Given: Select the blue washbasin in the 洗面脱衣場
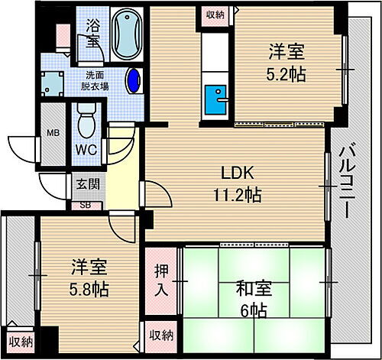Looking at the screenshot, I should click(x=134, y=79).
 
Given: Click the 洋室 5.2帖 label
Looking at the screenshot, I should click(x=286, y=63).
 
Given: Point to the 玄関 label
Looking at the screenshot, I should click(x=86, y=183).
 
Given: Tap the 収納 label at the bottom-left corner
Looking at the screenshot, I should click(x=21, y=342).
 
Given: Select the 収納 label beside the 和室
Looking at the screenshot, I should click(x=161, y=336).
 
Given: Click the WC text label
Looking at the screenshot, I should click(x=84, y=151).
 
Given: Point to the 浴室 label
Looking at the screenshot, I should click(x=92, y=33).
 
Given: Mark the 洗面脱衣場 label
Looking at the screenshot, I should click(x=96, y=81).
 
